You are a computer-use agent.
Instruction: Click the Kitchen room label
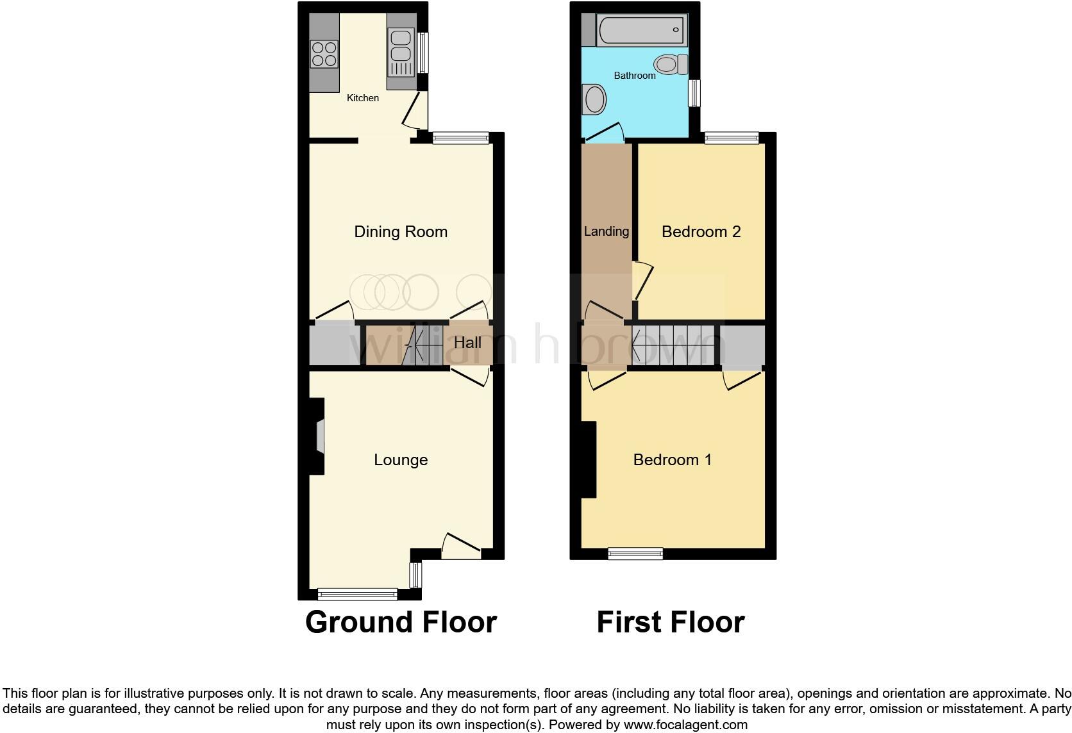point(362,98)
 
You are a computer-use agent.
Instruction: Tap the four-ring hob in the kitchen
point(324,54)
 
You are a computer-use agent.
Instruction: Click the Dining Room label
point(401,232)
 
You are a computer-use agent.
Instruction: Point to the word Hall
point(467,343)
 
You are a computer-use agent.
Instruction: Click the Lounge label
point(401,460)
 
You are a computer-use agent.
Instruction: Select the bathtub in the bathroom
point(639,30)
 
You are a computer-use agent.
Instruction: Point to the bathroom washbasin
point(594,101)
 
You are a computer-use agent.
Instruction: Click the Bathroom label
point(635,76)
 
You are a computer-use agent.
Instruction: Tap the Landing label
point(606,231)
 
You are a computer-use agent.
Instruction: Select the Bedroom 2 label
point(701,232)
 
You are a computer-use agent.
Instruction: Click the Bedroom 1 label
point(672,460)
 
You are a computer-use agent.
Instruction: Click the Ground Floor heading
point(401,622)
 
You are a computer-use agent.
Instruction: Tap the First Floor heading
point(670,622)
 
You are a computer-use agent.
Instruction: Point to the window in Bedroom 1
point(635,554)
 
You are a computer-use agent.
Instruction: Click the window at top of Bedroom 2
point(732,138)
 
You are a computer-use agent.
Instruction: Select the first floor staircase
point(673,346)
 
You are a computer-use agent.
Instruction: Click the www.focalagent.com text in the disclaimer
point(685,725)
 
